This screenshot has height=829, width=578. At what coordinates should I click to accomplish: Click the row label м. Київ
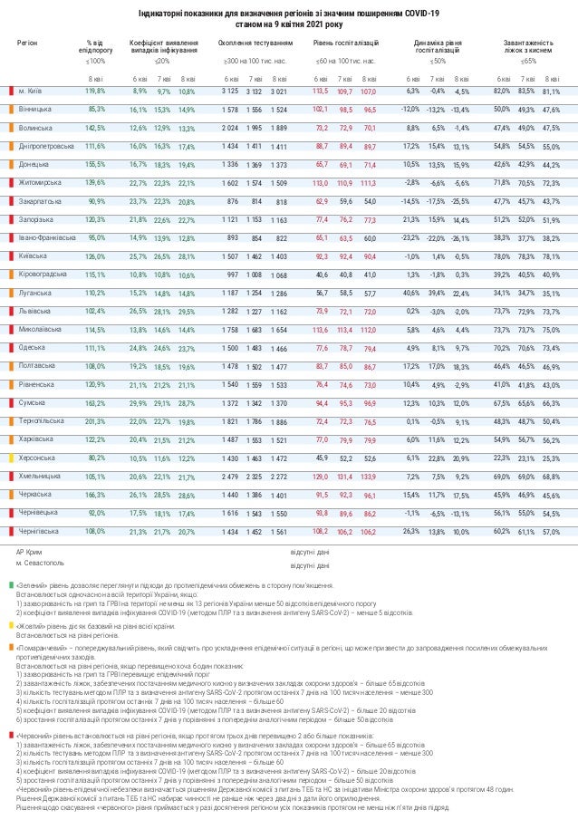(x=34, y=92)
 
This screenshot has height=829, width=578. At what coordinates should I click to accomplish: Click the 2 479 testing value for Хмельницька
(x=228, y=477)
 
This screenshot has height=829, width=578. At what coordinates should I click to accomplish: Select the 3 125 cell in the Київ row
(x=229, y=92)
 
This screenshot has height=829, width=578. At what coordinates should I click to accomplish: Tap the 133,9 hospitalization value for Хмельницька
(x=368, y=477)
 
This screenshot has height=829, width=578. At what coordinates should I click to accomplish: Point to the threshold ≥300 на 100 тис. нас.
(x=255, y=62)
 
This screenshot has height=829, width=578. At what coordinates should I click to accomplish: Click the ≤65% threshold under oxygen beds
(x=528, y=62)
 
